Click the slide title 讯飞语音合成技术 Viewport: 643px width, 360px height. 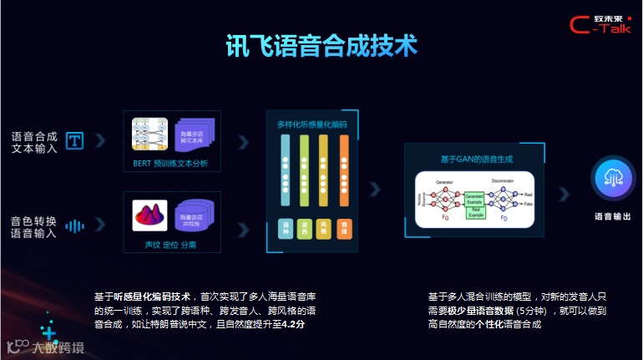click(321, 46)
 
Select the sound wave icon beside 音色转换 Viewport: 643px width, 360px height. click(75, 226)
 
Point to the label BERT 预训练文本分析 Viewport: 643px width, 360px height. click(170, 164)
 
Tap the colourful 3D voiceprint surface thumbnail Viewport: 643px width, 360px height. click(149, 215)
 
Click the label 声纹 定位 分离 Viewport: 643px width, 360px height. click(170, 246)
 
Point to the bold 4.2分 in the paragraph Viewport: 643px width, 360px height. click(292, 322)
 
